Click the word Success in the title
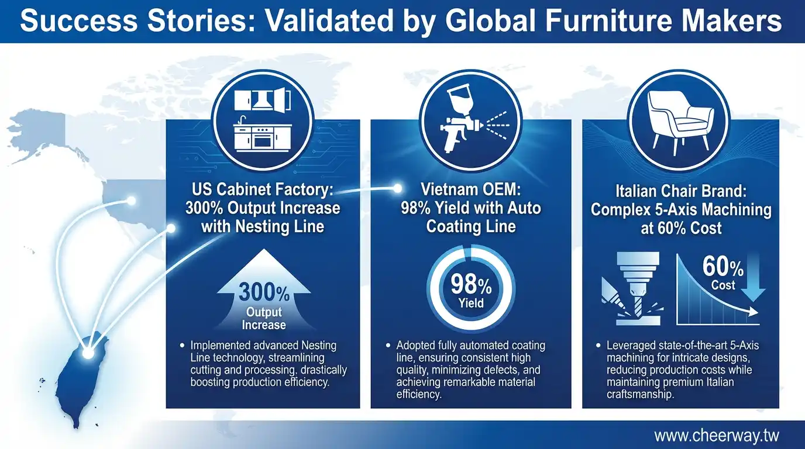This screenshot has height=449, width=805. pyautogui.click(x=79, y=20)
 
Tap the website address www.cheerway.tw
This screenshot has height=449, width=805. pyautogui.click(x=717, y=436)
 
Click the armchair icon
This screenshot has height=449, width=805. pyautogui.click(x=680, y=120)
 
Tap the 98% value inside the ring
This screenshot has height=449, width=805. pyautogui.click(x=471, y=285)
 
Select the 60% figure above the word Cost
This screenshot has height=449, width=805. pyautogui.click(x=723, y=267)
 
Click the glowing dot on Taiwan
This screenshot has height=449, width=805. pyautogui.click(x=88, y=353)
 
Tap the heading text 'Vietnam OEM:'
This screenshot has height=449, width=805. pyautogui.click(x=470, y=189)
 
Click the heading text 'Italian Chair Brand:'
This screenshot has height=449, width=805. pyautogui.click(x=681, y=191)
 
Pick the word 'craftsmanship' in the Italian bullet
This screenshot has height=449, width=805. pyautogui.click(x=640, y=394)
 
